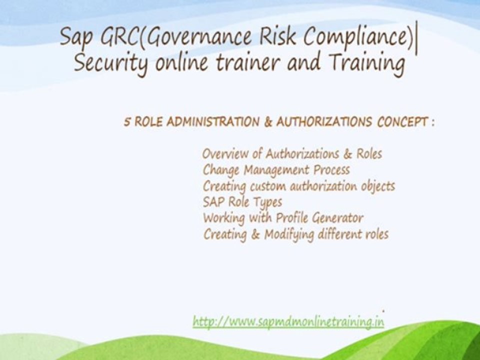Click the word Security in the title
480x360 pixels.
(103, 64)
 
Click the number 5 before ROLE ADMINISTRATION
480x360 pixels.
(127, 122)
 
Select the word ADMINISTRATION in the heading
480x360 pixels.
(208, 122)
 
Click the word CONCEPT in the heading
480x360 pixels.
(401, 122)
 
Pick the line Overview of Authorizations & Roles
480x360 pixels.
(292, 154)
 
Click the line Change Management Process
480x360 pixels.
(276, 170)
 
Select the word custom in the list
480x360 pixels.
(267, 186)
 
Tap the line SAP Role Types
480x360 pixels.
(242, 202)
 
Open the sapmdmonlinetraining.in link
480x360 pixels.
(288, 321)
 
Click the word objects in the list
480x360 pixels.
(377, 186)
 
